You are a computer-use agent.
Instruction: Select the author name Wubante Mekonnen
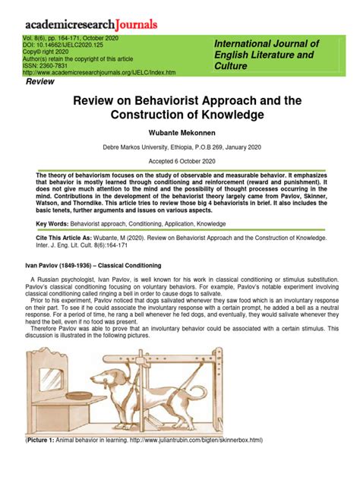coord(180,132)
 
